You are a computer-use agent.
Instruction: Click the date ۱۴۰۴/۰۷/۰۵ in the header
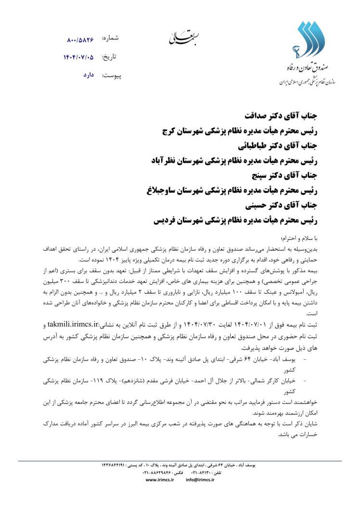[79, 57]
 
